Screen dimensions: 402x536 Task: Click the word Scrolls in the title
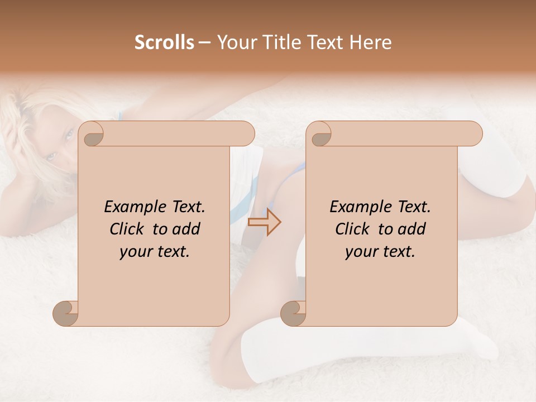coord(164,42)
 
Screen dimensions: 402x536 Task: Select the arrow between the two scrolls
coord(264,222)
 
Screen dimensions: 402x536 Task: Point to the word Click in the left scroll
coord(126,229)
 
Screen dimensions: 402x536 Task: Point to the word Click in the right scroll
coord(352,229)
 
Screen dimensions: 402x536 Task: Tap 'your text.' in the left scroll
coord(155,252)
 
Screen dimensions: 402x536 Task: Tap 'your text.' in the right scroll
coord(380,252)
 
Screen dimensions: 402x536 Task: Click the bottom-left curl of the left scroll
coord(66,314)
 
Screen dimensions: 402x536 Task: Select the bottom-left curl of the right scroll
coord(293,314)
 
